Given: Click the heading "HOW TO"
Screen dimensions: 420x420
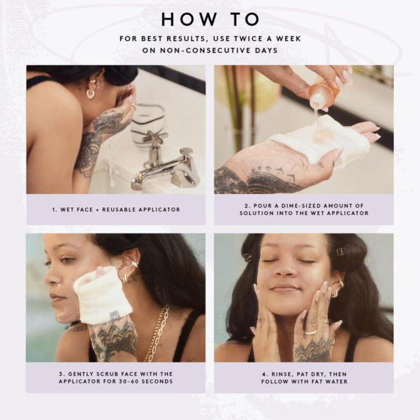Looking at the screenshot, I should click(210, 19).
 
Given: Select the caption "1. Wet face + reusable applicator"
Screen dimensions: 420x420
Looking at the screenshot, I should click(116, 209).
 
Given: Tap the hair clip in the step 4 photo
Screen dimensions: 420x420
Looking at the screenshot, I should click(341, 252).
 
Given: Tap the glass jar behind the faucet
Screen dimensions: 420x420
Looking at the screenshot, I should click(148, 125).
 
